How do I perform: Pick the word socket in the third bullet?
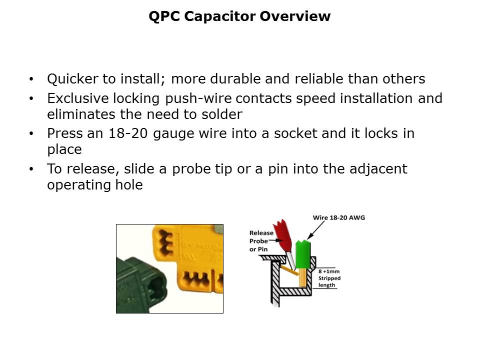pos(298,133)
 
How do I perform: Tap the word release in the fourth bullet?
pos(87,169)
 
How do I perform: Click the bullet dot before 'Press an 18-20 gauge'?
pos(32,134)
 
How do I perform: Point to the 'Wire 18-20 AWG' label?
pos(338,217)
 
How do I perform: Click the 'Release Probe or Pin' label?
pos(261,241)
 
